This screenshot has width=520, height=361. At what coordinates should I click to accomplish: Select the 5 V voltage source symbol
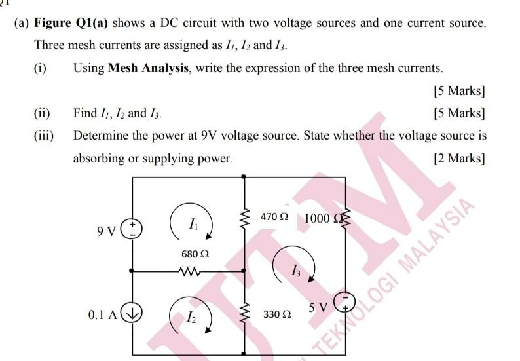(x=344, y=302)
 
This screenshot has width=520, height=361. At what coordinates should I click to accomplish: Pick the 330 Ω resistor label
(x=276, y=315)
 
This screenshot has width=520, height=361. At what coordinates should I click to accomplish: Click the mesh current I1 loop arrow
(x=189, y=223)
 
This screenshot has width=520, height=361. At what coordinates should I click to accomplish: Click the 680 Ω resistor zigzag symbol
(x=191, y=270)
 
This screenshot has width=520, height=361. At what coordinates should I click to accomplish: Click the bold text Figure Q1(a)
(x=71, y=24)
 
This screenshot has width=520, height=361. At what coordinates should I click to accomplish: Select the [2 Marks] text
(x=459, y=158)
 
